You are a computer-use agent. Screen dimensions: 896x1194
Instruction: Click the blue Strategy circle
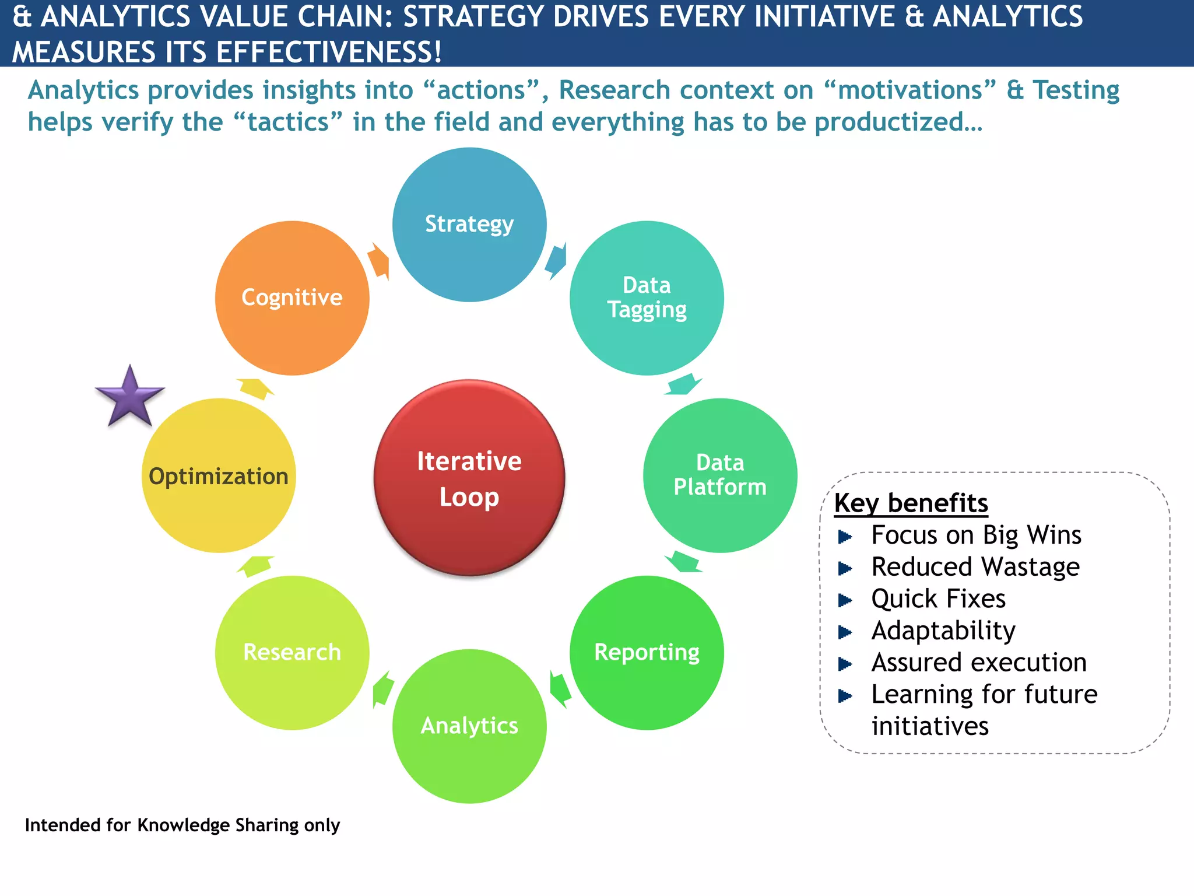[x=469, y=225]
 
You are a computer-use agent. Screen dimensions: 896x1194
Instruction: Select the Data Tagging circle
[x=647, y=298]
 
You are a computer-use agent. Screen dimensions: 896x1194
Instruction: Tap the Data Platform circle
[x=720, y=475]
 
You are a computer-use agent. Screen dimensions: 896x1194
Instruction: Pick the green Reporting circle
[x=647, y=653]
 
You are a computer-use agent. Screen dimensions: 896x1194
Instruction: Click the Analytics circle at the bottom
[x=469, y=726]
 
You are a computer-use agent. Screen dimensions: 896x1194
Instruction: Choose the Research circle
[x=292, y=653]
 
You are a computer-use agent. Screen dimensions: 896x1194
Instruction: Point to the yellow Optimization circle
[x=219, y=475]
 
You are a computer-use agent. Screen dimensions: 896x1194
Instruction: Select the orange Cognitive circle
[x=292, y=298]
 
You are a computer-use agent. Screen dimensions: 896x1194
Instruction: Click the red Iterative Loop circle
[x=469, y=478]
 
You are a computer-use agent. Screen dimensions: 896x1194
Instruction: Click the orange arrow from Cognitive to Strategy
[x=379, y=261]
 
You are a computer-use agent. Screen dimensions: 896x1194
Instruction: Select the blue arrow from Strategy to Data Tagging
[x=556, y=261]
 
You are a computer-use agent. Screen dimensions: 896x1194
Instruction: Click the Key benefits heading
[x=911, y=503]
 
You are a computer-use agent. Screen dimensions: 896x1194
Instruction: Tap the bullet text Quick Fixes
[x=938, y=599]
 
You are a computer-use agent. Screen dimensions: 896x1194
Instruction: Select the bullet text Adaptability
[x=943, y=631]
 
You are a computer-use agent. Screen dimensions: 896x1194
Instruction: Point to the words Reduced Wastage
[x=975, y=567]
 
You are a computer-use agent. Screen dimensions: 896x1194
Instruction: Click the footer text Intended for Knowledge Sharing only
[x=182, y=825]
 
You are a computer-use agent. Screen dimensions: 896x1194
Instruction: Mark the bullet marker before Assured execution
[x=845, y=664]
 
